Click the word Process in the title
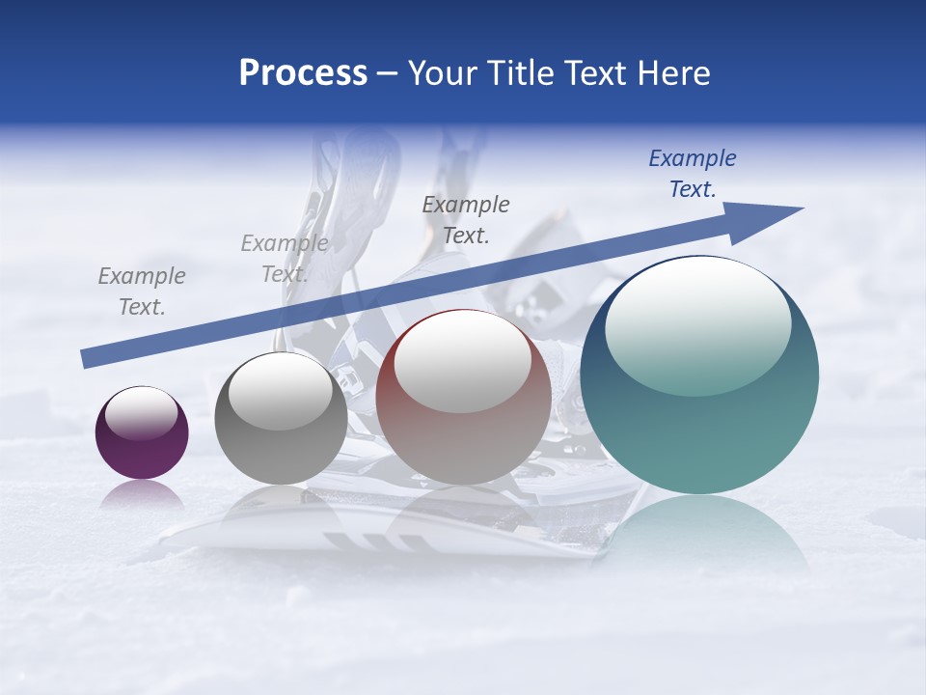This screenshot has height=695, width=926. (303, 73)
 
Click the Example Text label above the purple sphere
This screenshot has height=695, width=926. (142, 292)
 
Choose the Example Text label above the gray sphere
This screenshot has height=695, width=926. (285, 259)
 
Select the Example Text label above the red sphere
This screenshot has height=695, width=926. (466, 219)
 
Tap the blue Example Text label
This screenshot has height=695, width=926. (693, 174)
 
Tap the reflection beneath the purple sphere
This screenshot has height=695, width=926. (142, 495)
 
